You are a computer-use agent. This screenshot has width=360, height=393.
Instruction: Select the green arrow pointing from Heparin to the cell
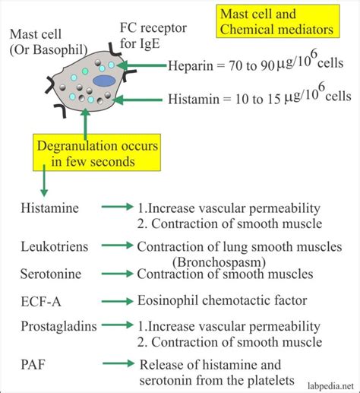[x=141, y=67]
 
